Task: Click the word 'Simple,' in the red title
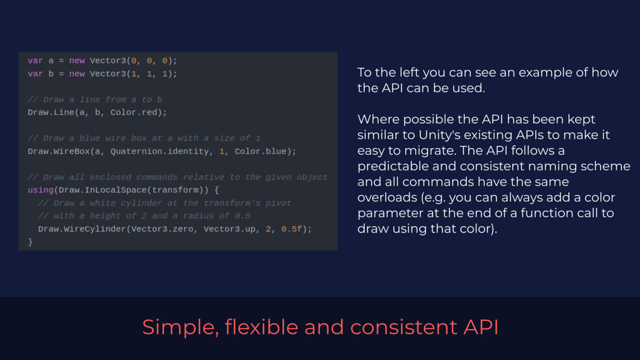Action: point(181,327)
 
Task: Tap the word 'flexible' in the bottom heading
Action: point(261,326)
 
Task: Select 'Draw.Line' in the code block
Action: point(51,113)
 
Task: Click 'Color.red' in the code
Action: point(134,113)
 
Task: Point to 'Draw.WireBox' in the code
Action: point(59,151)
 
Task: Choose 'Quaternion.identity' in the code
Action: point(159,151)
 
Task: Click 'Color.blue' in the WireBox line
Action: point(261,151)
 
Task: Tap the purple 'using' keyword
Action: point(41,190)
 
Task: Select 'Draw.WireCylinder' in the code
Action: point(82,229)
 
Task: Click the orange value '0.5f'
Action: point(291,229)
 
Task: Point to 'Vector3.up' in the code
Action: point(229,229)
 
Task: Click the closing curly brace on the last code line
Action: point(30,242)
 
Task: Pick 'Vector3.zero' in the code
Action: point(162,229)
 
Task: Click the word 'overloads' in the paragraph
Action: point(387,197)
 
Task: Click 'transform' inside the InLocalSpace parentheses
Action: point(175,190)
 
